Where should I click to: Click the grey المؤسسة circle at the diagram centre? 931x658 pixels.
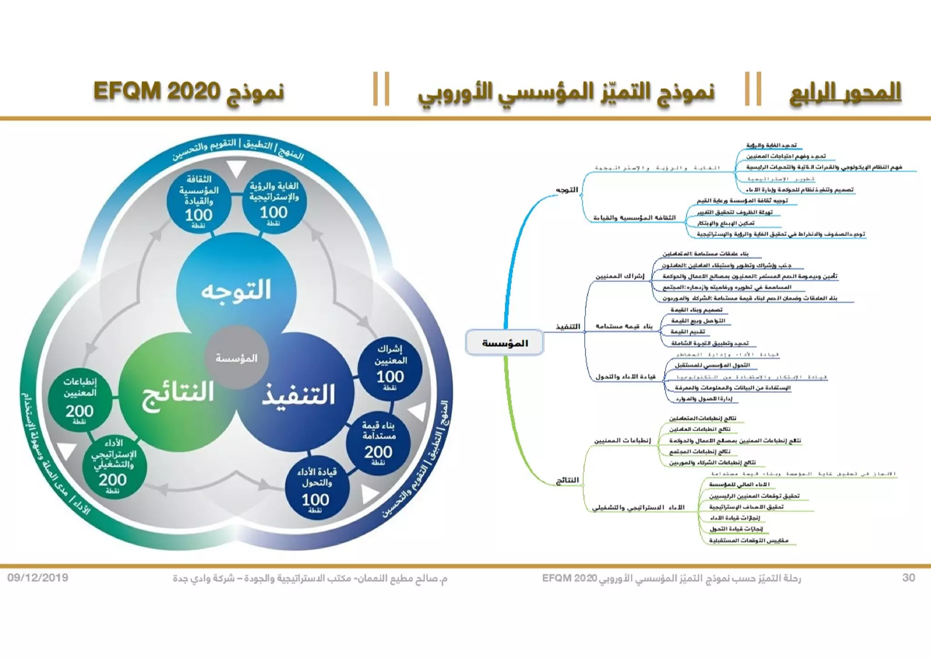236,357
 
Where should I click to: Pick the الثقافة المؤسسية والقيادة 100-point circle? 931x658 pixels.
199,202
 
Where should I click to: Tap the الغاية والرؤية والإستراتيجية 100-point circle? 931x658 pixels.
274,202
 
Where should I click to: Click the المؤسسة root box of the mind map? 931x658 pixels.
505,343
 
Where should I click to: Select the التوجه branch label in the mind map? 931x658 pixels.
567,190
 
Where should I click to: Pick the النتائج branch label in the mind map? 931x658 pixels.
567,480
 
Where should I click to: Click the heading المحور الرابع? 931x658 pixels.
845,92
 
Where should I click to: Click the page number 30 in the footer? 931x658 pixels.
908,578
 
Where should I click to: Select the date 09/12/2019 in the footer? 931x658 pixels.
38,578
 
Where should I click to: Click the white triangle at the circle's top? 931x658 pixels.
236,168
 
